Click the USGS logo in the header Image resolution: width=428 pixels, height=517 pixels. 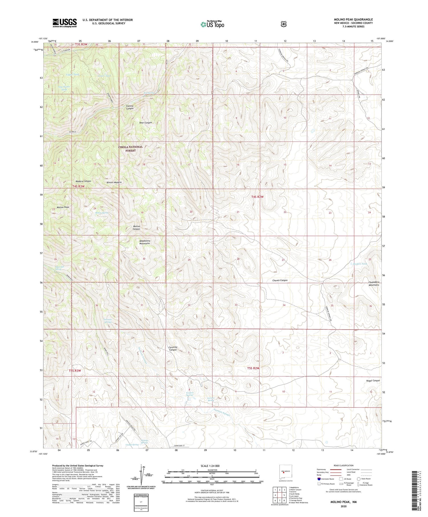pos(64,23)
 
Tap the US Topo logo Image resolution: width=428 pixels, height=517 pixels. pos(212,24)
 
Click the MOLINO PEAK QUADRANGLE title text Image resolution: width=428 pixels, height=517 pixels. pos(353,19)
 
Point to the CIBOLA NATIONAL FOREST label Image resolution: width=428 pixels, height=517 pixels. pos(130,149)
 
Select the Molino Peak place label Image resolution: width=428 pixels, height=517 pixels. pos(63,207)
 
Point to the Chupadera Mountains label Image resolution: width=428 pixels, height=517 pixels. pos(374,283)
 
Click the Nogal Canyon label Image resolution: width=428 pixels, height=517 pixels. pos(373,380)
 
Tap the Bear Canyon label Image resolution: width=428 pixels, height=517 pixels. pos(146,123)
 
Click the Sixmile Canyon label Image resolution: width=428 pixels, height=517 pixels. pos(130,107)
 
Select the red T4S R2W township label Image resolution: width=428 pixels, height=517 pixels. pos(257,197)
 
